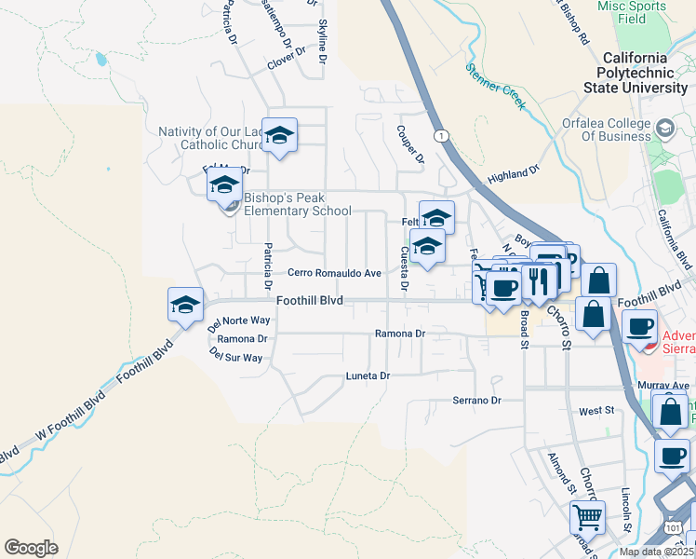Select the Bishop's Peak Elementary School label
(x=297, y=204)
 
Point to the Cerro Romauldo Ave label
(x=334, y=273)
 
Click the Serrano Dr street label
(x=476, y=400)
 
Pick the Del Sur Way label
(x=236, y=356)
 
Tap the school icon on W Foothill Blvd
(x=185, y=304)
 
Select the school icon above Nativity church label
(x=278, y=135)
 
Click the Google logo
(x=31, y=547)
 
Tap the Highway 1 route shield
(x=440, y=136)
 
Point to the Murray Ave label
(x=663, y=385)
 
